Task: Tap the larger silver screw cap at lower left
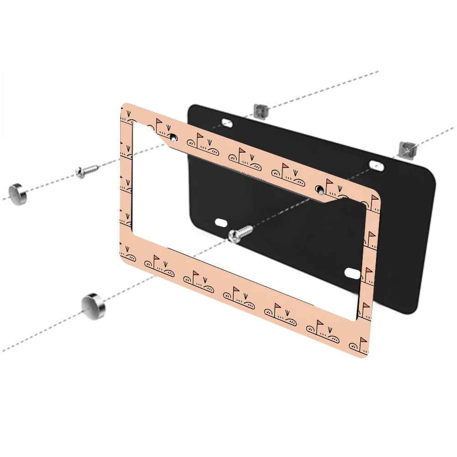[93, 306]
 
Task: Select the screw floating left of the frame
[87, 171]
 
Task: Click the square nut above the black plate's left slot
[260, 110]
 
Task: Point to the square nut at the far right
[406, 148]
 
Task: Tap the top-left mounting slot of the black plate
[227, 122]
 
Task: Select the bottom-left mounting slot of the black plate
[221, 222]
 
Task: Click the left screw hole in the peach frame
[173, 137]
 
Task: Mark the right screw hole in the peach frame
[320, 188]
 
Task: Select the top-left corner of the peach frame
[124, 106]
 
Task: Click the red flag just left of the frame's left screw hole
[159, 122]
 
